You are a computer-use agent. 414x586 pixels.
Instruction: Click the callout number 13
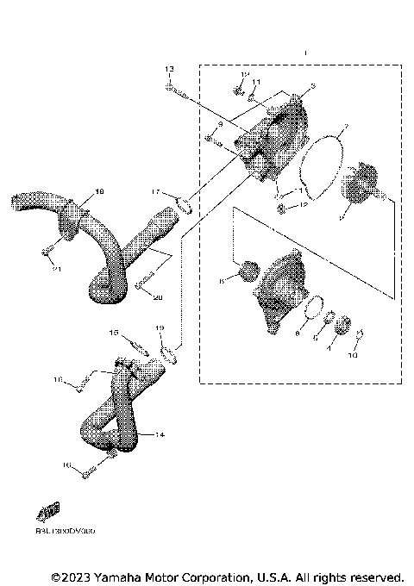(169, 68)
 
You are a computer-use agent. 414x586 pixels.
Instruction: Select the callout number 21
(57, 270)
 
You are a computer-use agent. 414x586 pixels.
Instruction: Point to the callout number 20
(158, 297)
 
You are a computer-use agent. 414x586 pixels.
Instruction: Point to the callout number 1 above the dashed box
(304, 53)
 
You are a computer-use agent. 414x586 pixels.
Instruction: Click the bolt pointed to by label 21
(48, 252)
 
